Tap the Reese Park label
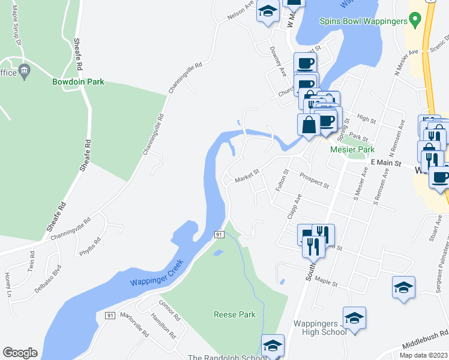tap(235, 314)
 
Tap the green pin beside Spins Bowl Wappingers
tap(414, 20)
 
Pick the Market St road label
tap(246, 176)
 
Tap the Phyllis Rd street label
tap(90, 247)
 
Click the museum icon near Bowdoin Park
tap(25, 70)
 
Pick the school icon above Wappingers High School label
tap(354, 317)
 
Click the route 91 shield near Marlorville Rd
tap(110, 315)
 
